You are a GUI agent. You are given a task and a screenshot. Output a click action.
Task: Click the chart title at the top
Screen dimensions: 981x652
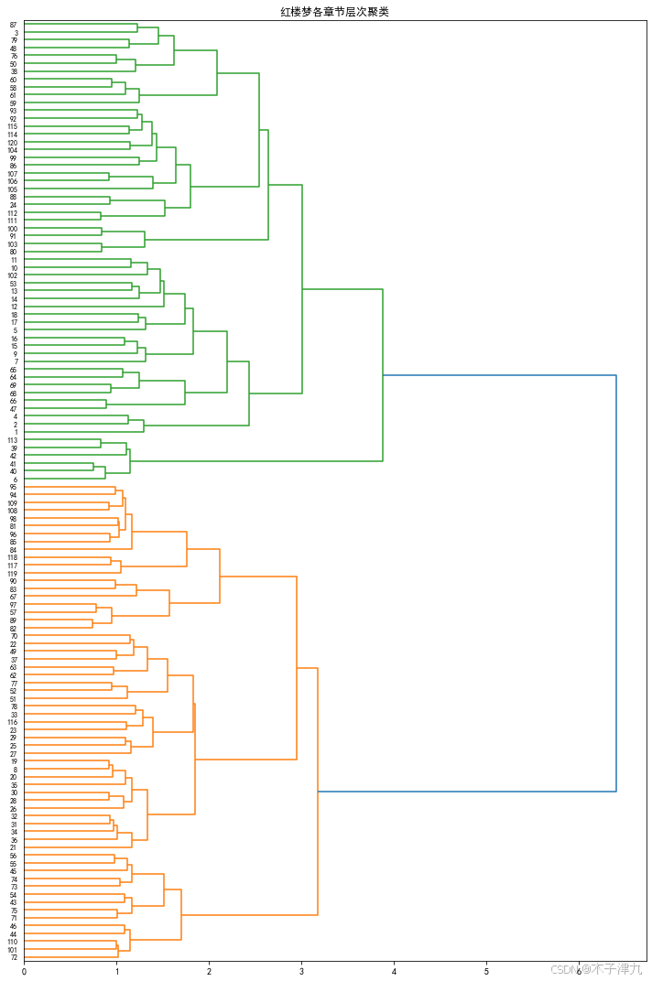coord(334,12)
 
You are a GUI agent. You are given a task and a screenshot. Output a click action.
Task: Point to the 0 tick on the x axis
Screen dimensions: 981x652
coord(24,972)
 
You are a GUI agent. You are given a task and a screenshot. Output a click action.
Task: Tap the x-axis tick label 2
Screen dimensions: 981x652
coord(209,972)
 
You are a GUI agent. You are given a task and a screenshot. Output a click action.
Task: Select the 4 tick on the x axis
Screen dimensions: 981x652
coord(394,972)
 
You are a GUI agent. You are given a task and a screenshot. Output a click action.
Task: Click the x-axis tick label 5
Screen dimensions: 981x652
coord(486,972)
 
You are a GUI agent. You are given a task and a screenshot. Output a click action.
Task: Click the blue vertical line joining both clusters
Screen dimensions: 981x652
coord(616,583)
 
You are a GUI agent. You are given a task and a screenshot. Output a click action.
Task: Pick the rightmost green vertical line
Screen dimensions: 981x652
coord(383,375)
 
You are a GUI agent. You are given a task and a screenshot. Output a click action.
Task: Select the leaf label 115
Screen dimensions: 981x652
coord(12,126)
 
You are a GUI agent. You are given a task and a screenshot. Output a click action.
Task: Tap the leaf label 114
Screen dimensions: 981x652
coord(12,135)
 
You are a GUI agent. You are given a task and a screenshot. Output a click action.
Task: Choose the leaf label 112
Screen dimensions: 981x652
coord(12,213)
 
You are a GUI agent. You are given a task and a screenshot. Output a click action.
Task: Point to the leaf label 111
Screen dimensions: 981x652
coord(12,221)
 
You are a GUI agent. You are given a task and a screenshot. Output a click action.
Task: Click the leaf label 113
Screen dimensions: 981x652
coord(12,441)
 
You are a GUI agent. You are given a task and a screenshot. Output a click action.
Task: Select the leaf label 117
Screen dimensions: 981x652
coord(12,566)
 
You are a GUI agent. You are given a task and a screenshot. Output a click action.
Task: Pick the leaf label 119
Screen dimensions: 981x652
coord(12,574)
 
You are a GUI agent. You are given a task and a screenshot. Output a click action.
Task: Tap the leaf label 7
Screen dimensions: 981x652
coord(15,362)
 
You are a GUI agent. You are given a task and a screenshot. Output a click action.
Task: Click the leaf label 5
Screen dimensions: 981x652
coord(15,330)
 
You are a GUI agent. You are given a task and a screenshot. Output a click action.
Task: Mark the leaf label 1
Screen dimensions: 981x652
coord(15,433)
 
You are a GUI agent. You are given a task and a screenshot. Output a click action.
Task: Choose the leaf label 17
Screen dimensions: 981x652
coord(14,323)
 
